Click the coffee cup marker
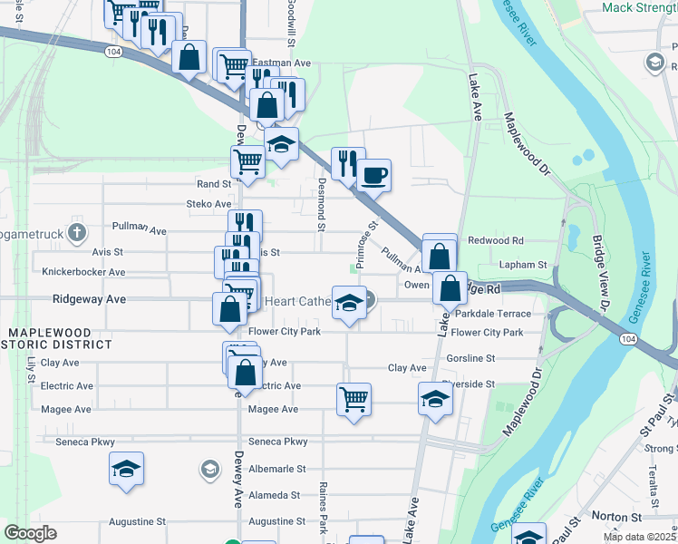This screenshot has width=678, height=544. pos(373,174)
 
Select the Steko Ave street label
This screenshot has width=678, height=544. pos(208,204)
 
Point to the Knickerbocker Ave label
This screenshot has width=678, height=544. pos(83,271)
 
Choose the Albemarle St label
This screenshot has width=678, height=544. pos(276,469)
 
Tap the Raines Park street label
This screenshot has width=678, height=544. pos(323,508)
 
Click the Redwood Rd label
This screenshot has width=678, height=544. pos(496,241)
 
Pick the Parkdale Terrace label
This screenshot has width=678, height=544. pos(493,314)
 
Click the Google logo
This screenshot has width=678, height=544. pos(31,533)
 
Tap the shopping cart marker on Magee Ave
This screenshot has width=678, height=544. pos(354,399)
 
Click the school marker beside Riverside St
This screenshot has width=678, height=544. pos(435,399)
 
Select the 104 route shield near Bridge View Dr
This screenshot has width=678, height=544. pos(627,338)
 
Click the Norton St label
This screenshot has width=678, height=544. pos(616,516)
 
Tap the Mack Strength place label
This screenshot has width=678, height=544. pos(639,8)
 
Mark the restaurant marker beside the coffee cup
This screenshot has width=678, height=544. pos(347,163)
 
